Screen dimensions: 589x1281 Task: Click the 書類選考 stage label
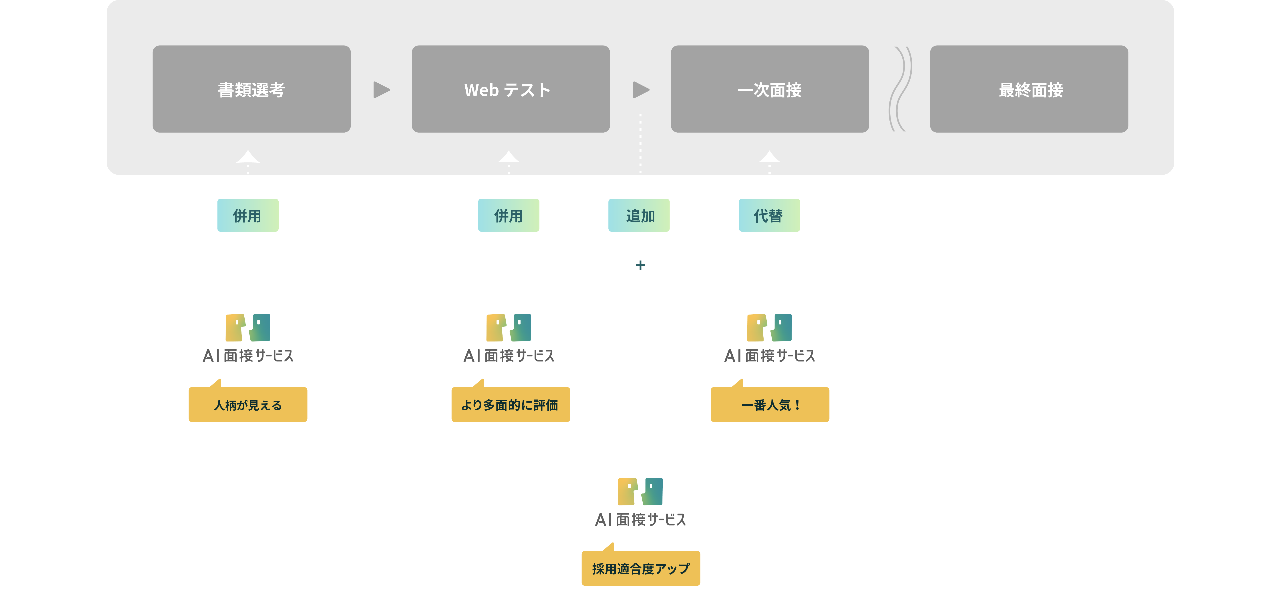pos(251,90)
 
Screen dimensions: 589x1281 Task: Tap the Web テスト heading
pos(507,90)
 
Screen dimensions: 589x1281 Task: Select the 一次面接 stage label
pos(769,90)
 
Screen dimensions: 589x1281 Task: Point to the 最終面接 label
pos(1031,90)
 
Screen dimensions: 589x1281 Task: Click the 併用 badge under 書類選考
pos(248,215)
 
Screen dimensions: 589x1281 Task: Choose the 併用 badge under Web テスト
pos(508,215)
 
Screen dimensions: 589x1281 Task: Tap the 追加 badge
pos(639,215)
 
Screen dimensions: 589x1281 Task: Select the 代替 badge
pos(769,215)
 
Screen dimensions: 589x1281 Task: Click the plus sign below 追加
pos(640,266)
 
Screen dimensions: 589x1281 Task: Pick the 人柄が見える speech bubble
pos(248,405)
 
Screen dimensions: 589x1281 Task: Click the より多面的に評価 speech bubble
pos(510,405)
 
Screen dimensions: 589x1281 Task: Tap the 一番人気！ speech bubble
pos(770,405)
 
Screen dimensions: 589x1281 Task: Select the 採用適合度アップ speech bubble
pos(640,568)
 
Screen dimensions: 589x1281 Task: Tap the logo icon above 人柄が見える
pos(248,327)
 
